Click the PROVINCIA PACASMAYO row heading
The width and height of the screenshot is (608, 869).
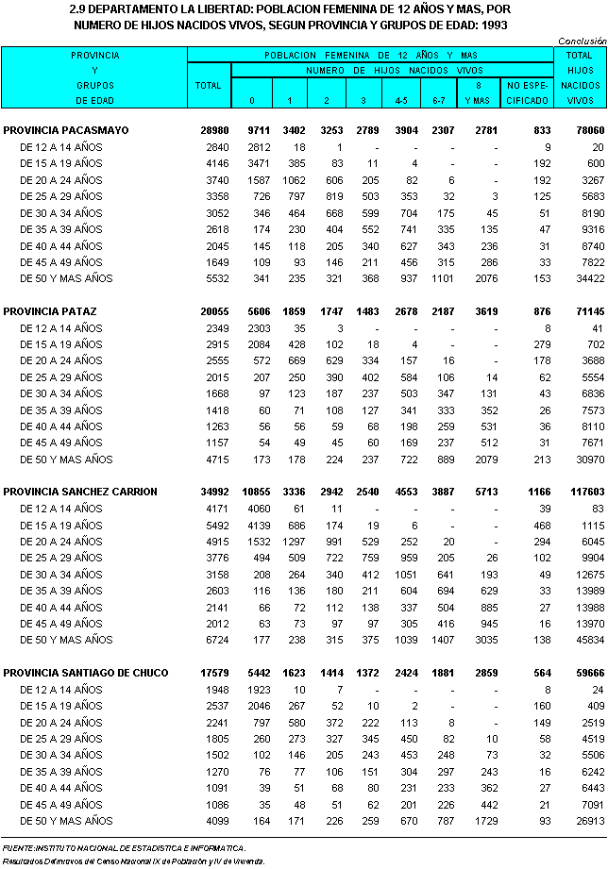point(66,129)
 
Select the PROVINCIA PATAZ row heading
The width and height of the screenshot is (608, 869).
point(50,310)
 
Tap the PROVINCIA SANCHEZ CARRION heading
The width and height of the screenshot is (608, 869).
point(80,492)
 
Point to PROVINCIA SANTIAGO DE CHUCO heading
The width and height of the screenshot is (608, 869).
point(86,673)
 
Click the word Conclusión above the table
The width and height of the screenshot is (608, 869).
point(582,42)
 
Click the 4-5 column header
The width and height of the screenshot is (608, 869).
point(400,99)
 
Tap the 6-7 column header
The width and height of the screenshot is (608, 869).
point(439,99)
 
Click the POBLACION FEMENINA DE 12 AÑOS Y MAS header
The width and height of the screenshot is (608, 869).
point(371,56)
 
